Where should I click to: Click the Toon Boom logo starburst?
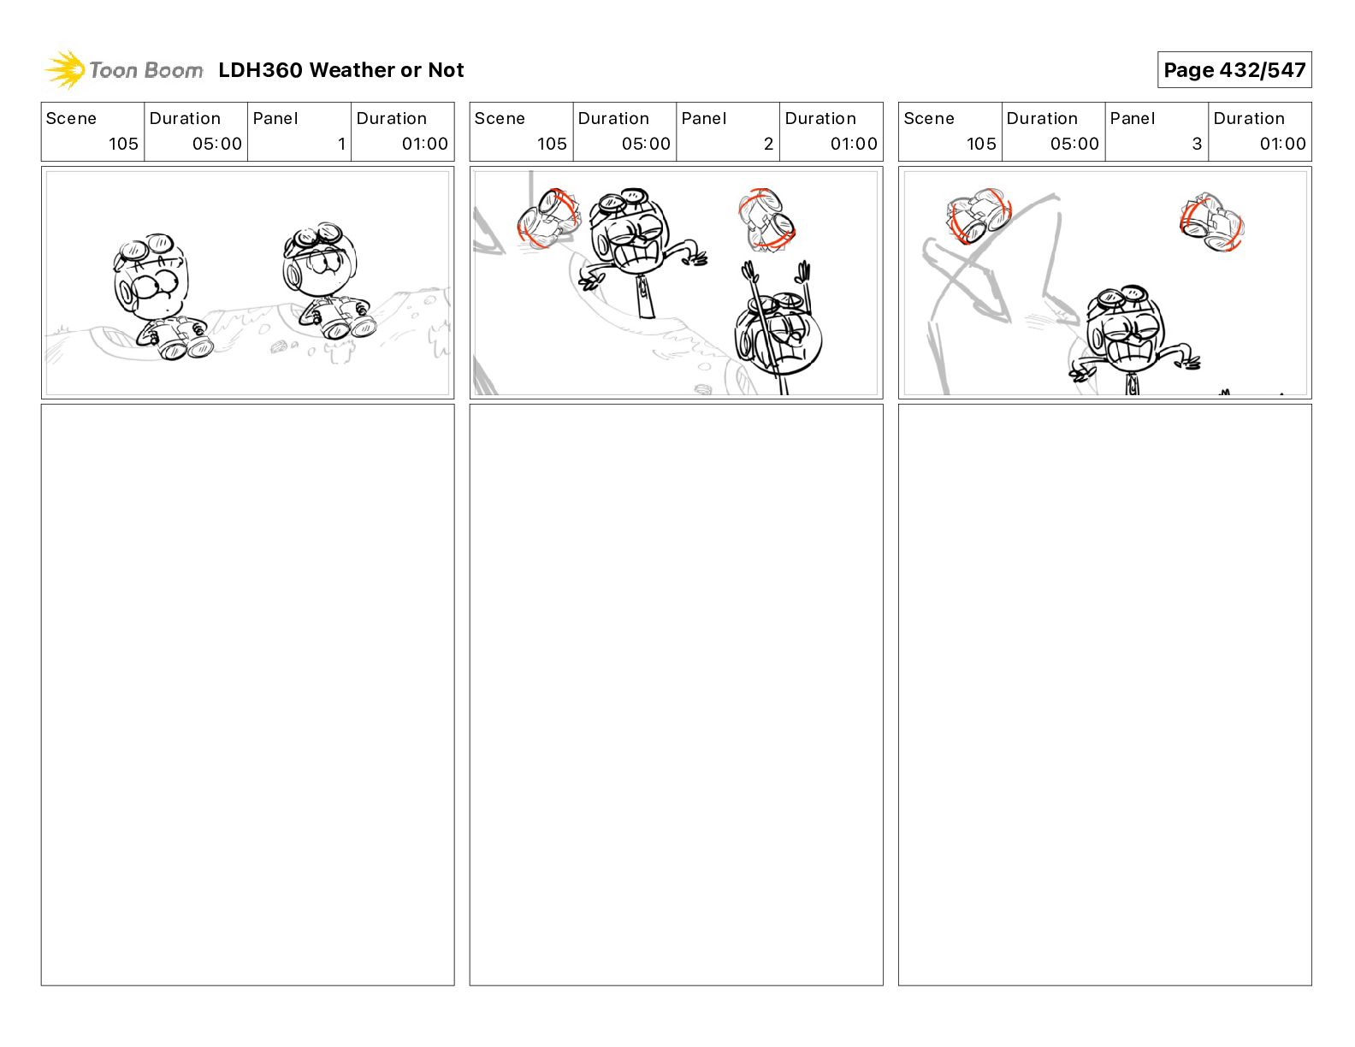tap(65, 69)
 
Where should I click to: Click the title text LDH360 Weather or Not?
tap(341, 70)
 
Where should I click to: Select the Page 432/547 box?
tap(1234, 70)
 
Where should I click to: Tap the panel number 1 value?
tap(341, 144)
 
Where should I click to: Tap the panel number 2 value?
tap(768, 144)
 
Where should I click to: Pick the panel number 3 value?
tap(1197, 144)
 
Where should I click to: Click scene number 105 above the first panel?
tap(123, 144)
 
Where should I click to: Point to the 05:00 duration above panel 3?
tap(1074, 144)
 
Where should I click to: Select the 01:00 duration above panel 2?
tap(854, 144)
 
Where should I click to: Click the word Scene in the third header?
tap(928, 119)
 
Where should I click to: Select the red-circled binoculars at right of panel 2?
tap(766, 220)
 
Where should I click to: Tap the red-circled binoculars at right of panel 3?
tap(1212, 222)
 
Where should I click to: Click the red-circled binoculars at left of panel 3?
tap(979, 216)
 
